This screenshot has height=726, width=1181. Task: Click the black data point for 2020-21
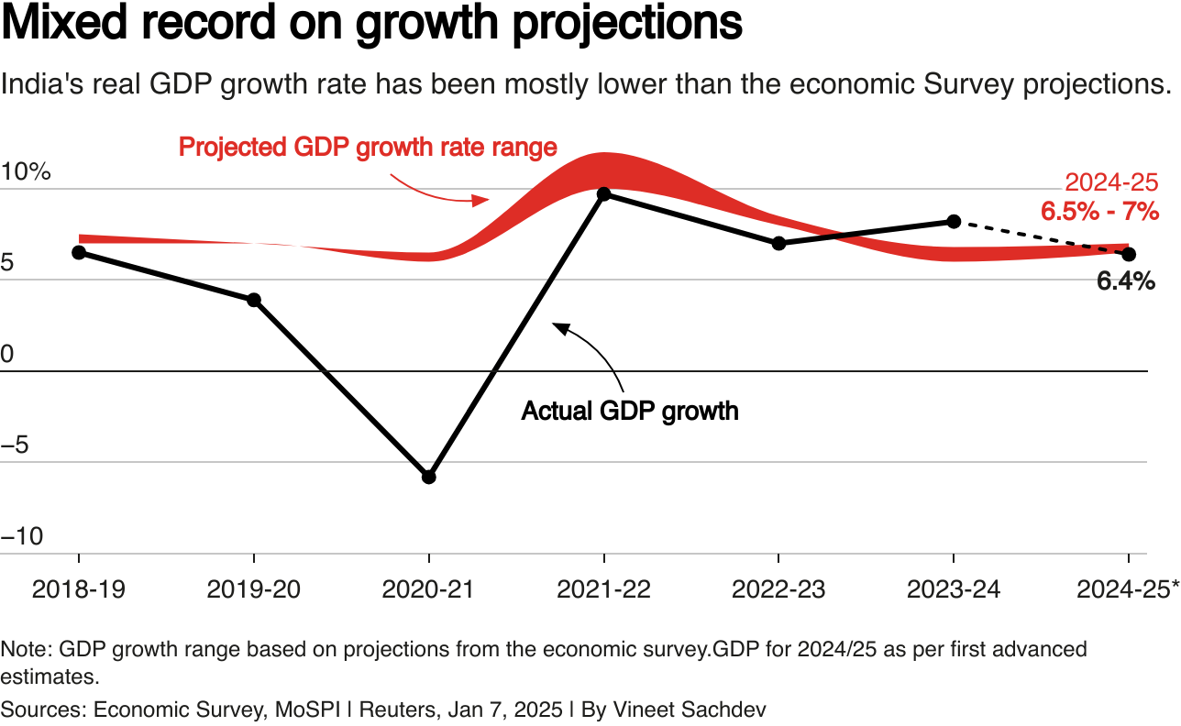point(428,477)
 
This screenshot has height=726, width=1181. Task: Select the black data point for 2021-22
point(603,193)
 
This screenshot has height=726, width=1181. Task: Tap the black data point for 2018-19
point(79,252)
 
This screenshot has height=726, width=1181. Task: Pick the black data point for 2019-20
point(254,300)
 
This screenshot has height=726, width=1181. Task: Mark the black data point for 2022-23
point(778,243)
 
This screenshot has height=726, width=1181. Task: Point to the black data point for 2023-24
point(954,221)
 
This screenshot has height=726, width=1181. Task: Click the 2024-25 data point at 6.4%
point(1129,254)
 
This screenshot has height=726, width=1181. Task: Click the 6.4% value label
point(1125,282)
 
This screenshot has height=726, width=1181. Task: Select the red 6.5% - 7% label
point(1099,212)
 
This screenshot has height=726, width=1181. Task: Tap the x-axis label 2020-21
point(428,589)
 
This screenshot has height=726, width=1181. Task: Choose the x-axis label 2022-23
point(778,589)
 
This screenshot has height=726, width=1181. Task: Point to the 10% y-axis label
point(27,172)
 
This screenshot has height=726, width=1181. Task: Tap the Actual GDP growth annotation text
point(630,410)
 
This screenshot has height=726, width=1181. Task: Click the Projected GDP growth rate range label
point(368,147)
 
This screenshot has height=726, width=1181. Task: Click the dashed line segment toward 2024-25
point(1041,237)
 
